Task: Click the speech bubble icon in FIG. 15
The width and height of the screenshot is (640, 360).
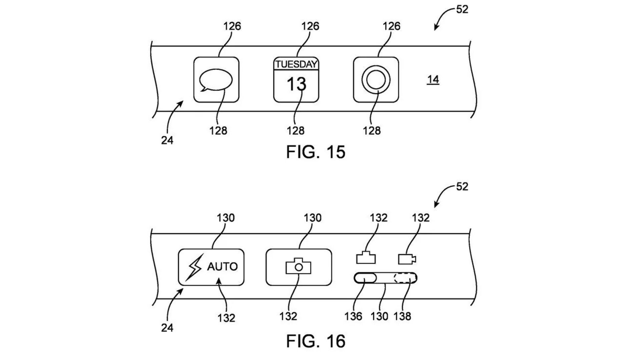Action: pos(215,80)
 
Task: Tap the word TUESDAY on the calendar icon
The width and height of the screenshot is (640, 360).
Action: pos(296,64)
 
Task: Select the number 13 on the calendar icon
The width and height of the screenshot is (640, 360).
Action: pos(296,84)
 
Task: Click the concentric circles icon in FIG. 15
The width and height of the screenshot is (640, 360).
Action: pos(376,80)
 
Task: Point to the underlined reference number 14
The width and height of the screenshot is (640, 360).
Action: pos(433,80)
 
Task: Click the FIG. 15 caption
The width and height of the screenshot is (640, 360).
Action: pos(315,152)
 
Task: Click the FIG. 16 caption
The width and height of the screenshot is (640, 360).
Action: pos(315,341)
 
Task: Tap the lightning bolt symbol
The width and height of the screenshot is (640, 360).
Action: pos(194,267)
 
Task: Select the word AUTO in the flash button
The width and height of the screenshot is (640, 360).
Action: pos(222,267)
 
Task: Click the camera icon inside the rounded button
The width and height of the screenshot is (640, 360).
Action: pos(298,266)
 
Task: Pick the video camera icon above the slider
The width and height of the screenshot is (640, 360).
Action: pos(407,259)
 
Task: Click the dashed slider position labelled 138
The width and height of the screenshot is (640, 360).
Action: pos(405,278)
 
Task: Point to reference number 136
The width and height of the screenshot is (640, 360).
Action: pos(353,316)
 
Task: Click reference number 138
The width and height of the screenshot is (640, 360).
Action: pos(402,316)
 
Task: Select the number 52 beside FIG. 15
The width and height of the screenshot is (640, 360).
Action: pos(462,9)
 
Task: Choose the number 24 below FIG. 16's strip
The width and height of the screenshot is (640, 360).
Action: pos(167,328)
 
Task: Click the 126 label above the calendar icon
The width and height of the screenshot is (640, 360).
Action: pos(310,26)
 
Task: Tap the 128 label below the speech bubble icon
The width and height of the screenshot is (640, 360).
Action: pos(218,131)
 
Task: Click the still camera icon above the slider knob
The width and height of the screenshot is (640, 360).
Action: pos(366,258)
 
